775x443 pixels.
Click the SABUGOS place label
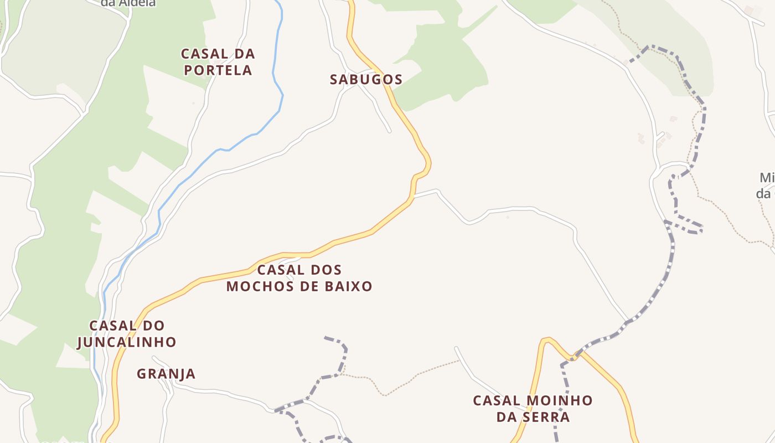(x=366, y=79)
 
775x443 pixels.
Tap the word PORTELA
(x=218, y=70)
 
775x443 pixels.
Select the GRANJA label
(x=166, y=374)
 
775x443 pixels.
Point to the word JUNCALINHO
(x=126, y=342)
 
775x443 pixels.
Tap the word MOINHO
(x=559, y=400)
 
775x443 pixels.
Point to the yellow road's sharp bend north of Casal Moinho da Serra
(x=546, y=339)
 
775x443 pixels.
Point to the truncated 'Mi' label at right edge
(x=766, y=178)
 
